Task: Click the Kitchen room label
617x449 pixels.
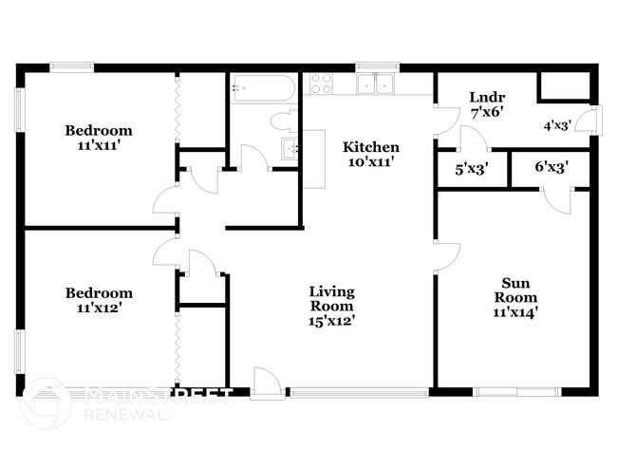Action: click(x=370, y=147)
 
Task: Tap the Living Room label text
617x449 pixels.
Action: click(x=332, y=299)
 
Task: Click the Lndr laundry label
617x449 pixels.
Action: click(x=486, y=97)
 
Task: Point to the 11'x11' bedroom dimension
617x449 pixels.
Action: click(x=99, y=146)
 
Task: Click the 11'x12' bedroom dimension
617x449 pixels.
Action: click(x=99, y=308)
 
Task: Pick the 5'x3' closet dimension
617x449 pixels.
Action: click(x=472, y=170)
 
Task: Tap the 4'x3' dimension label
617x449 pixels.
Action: click(x=557, y=125)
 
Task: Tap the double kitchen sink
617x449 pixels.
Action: click(x=377, y=84)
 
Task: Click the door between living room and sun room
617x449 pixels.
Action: click(x=446, y=254)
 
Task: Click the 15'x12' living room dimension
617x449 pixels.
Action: click(x=332, y=321)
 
